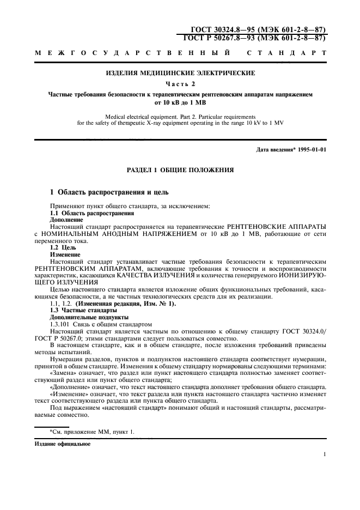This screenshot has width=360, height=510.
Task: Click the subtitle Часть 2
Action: [179, 83]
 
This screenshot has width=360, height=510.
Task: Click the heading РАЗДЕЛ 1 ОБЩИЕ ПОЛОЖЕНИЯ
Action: [179, 170]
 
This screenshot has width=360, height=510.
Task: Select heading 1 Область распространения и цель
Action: [109, 192]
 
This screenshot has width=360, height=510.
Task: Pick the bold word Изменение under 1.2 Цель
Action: [65, 254]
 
